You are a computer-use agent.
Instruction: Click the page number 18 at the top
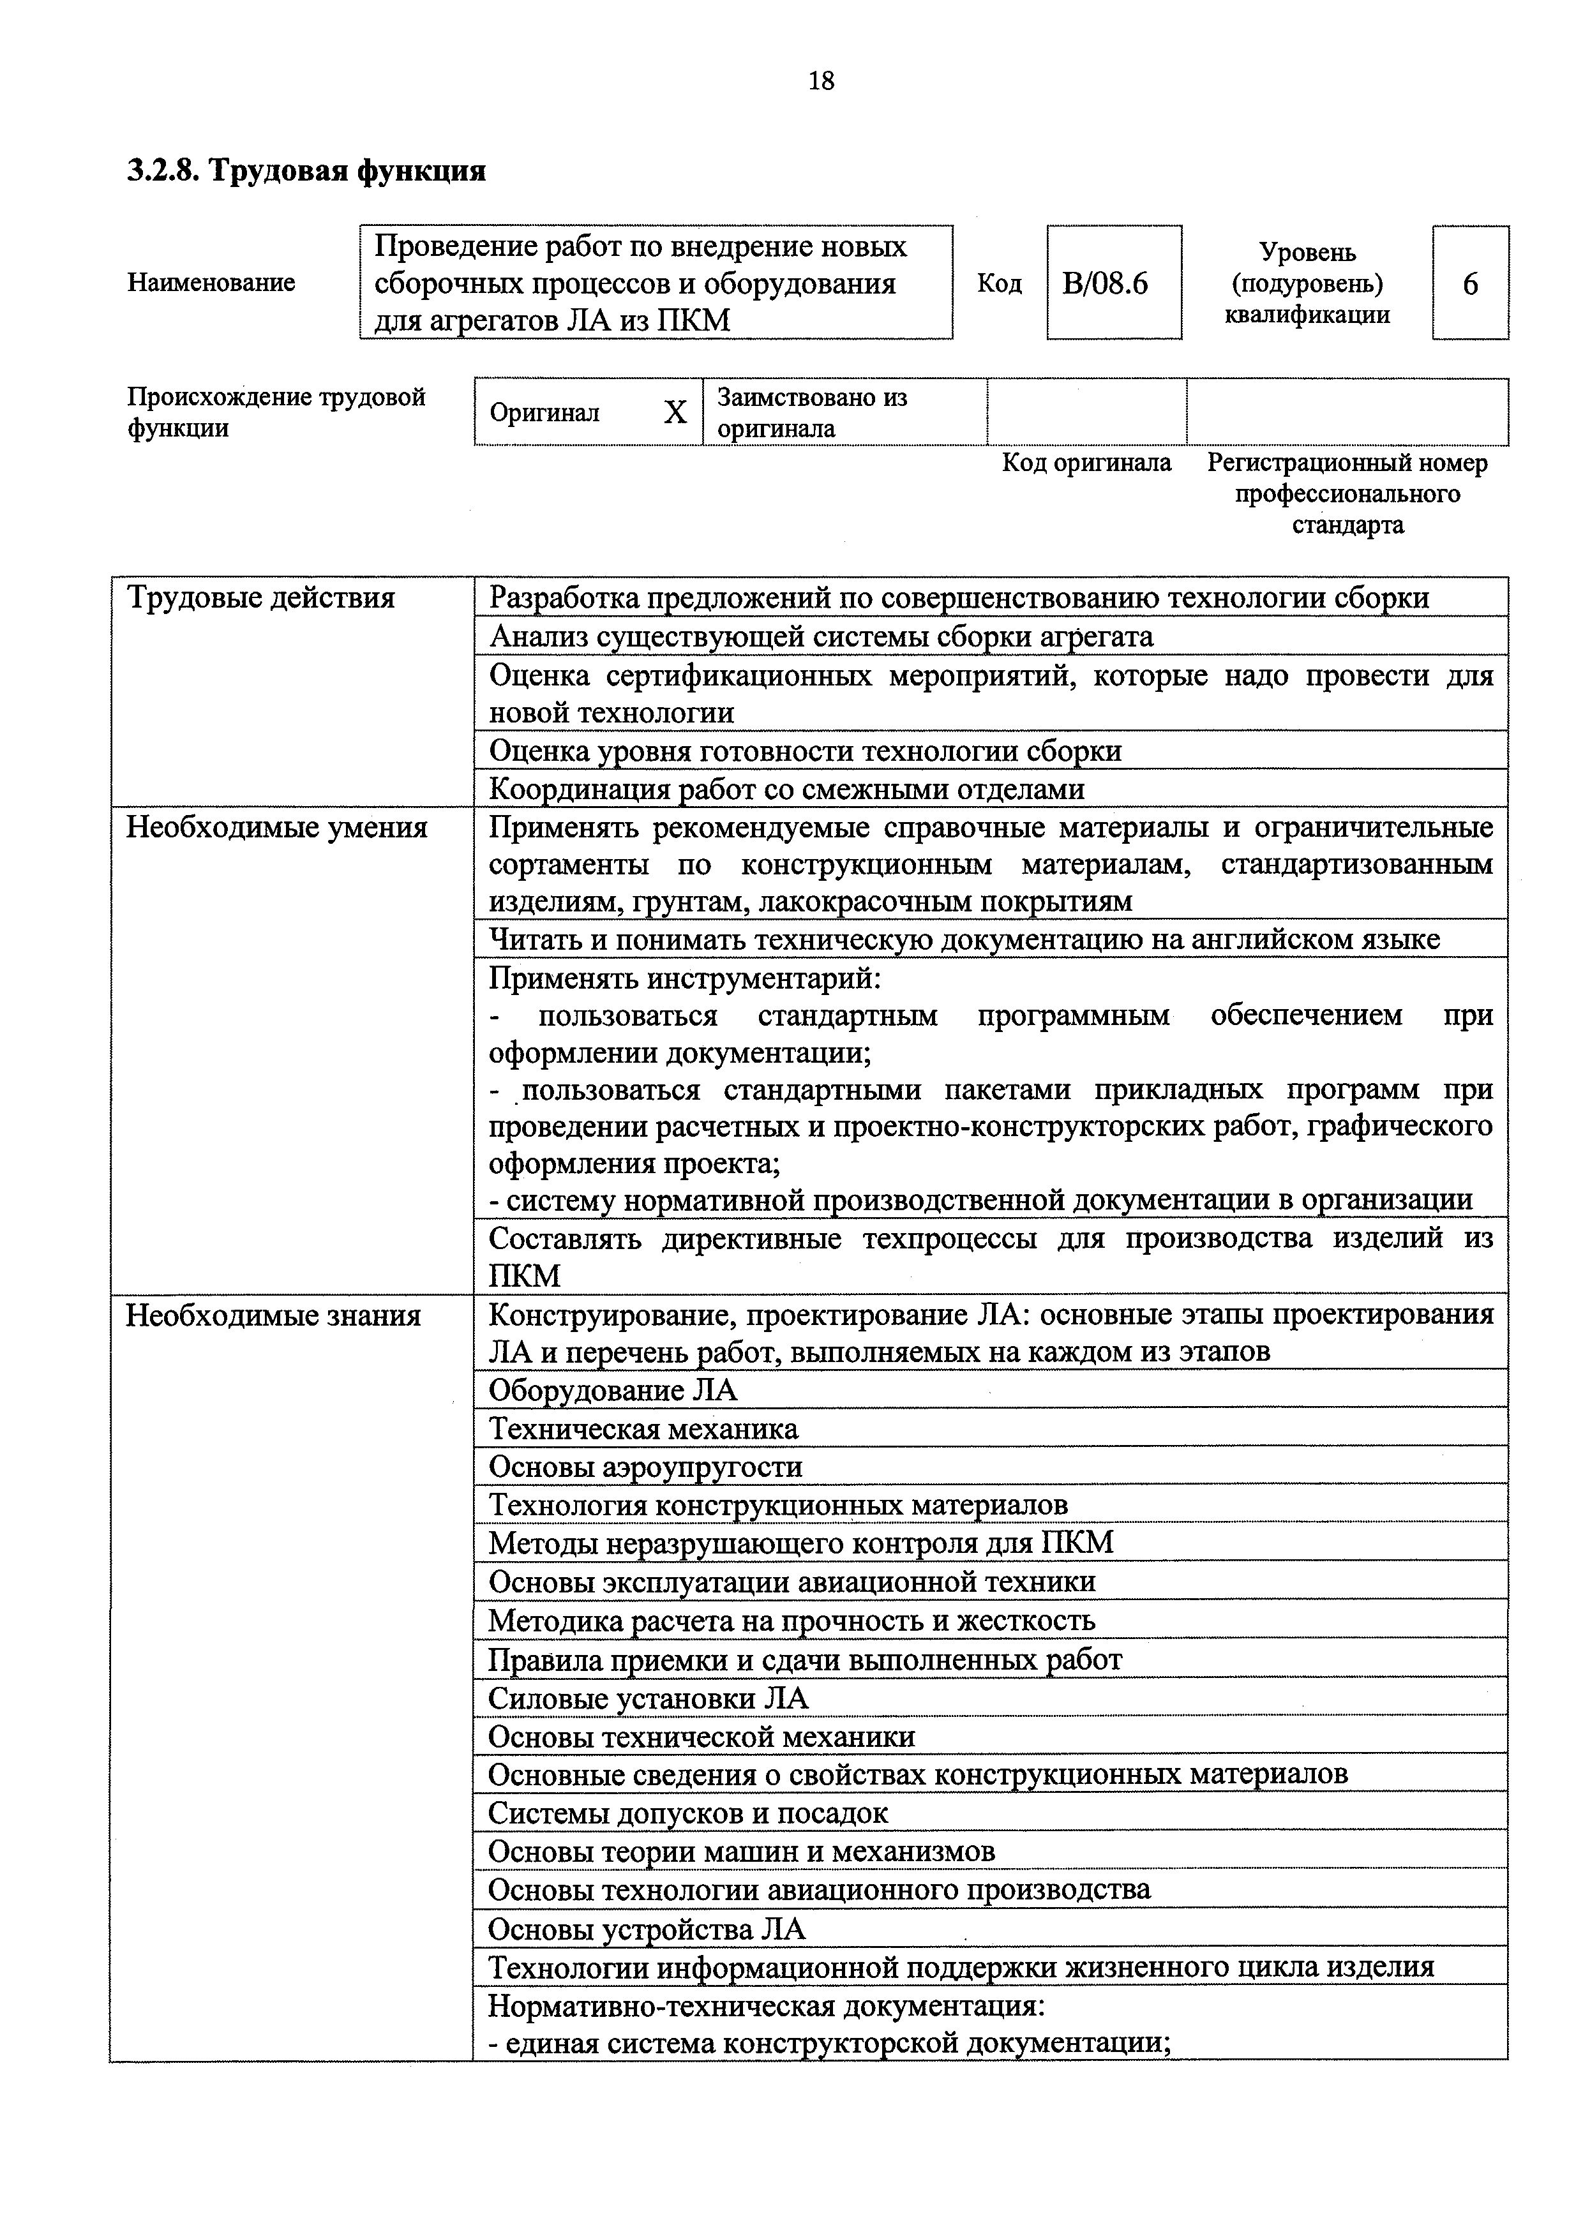point(822,81)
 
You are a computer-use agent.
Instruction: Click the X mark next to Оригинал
point(675,412)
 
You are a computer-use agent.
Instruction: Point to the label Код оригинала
point(1086,462)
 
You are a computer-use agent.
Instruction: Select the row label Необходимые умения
point(277,827)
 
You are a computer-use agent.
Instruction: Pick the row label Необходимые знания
point(273,1315)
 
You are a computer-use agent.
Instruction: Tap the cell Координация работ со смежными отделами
point(786,788)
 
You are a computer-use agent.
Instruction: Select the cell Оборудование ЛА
point(613,1389)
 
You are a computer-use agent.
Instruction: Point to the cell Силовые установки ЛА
point(648,1698)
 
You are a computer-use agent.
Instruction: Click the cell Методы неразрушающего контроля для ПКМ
point(800,1543)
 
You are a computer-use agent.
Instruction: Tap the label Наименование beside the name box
point(211,283)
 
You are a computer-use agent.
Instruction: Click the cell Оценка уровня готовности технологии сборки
point(805,750)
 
